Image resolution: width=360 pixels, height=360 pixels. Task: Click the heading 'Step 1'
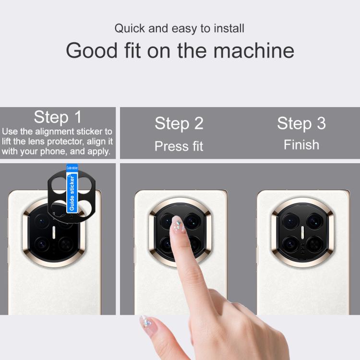(x=58, y=117)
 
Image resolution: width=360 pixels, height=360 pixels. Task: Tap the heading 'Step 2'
(x=179, y=123)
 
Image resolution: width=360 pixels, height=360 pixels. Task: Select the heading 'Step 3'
(x=301, y=123)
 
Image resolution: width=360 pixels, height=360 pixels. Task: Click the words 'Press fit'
(x=179, y=146)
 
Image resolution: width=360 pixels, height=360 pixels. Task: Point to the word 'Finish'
(x=301, y=145)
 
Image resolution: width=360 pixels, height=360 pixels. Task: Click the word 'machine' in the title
(x=254, y=50)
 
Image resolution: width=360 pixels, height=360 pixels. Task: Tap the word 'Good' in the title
(x=92, y=50)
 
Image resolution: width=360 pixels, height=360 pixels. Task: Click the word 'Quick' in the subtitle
(x=130, y=28)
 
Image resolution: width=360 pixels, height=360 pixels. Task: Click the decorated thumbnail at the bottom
(x=146, y=322)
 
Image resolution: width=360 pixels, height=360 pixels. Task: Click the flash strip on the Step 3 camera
(x=302, y=232)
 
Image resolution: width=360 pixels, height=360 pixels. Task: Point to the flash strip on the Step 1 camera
(x=54, y=232)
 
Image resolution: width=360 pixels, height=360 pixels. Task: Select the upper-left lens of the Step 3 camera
(x=290, y=221)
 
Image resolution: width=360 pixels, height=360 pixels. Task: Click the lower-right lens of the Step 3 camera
(x=314, y=244)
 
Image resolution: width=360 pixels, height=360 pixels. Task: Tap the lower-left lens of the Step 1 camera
(x=42, y=244)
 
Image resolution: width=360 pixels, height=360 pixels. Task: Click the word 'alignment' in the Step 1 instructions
(x=55, y=132)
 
